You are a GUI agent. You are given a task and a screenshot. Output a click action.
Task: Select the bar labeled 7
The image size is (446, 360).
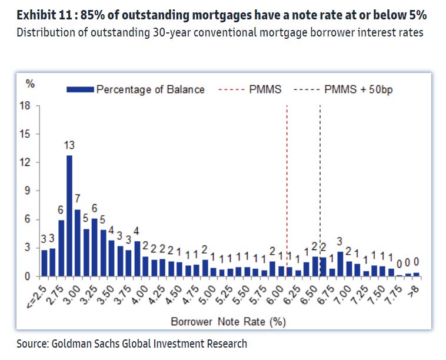(x=78, y=242)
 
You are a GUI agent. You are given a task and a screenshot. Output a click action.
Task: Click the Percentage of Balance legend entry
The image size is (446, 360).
(x=135, y=89)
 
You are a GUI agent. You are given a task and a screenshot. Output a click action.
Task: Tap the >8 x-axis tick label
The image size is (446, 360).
(x=416, y=288)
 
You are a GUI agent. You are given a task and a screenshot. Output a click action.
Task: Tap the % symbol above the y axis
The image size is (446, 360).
(x=30, y=82)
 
